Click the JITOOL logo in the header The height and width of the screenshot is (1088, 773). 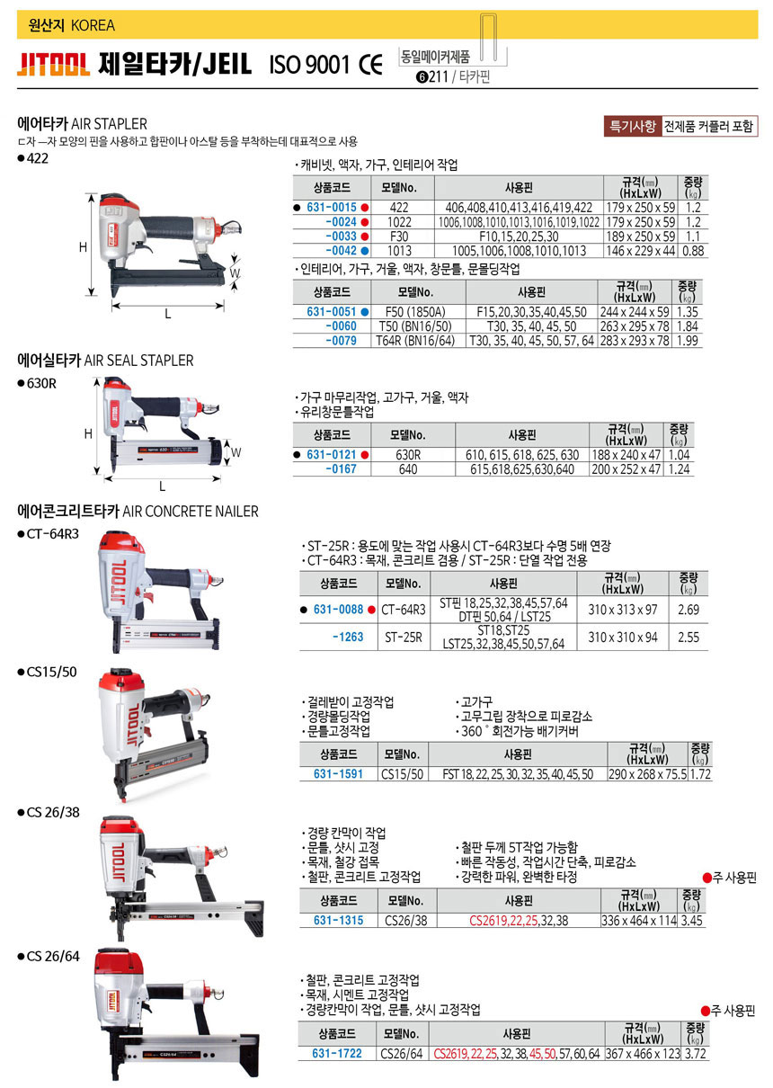53,64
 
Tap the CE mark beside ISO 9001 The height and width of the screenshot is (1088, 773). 370,65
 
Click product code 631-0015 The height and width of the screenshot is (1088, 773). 331,208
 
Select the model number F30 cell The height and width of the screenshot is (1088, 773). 399,236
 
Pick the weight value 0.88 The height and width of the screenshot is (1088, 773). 693,251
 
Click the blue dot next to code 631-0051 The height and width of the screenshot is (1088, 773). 365,312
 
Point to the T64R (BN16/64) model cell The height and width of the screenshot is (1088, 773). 415,341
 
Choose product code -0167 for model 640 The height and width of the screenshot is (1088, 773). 341,469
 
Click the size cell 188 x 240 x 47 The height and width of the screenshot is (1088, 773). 626,455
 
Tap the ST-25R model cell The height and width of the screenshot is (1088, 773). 404,637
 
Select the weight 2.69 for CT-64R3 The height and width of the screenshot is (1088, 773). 689,609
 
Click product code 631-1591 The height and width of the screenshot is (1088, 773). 338,774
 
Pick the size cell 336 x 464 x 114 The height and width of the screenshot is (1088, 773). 638,920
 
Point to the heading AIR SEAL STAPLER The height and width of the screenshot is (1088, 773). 138,361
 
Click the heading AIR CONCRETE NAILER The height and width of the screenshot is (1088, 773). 191,512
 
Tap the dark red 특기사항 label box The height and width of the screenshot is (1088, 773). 633,126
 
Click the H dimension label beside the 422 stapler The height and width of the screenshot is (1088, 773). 83,246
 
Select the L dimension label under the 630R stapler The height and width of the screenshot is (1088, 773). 162,486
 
